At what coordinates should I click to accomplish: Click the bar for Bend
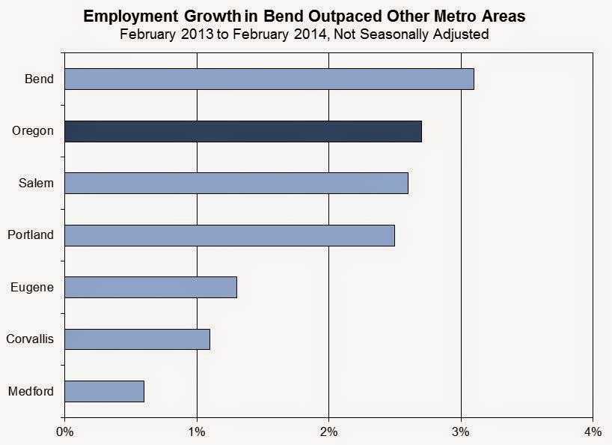tap(269, 79)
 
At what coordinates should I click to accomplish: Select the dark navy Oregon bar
tap(243, 131)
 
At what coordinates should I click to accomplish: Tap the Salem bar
tap(236, 184)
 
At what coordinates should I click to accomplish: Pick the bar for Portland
tap(230, 235)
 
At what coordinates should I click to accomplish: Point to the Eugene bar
tap(150, 288)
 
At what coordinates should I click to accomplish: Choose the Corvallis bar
tap(138, 339)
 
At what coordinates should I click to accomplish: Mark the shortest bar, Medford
tap(104, 392)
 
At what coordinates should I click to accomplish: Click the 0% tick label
tap(65, 432)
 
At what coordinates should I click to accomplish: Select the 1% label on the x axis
tap(197, 432)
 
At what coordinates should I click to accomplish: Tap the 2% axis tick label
tap(328, 432)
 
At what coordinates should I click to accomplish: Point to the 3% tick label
tap(461, 432)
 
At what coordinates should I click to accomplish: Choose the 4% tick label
tap(593, 432)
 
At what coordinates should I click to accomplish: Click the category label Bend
tap(39, 79)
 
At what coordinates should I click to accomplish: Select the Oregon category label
tap(33, 131)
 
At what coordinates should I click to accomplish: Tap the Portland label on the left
tap(31, 234)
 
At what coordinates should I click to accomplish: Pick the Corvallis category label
tap(30, 339)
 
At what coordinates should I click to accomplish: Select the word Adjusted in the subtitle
tap(461, 34)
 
